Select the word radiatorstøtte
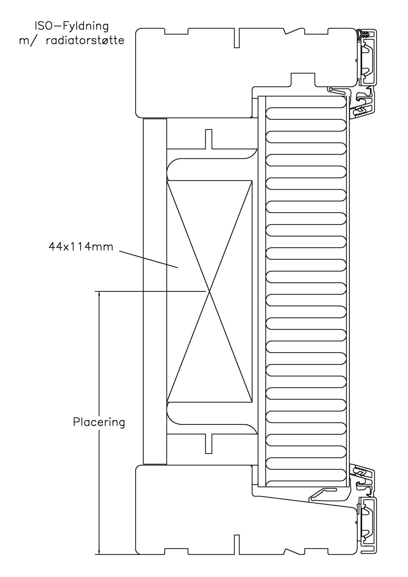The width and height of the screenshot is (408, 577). [x=85, y=40]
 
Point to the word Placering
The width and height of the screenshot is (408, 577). [x=99, y=422]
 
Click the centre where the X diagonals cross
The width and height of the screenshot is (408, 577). [x=209, y=291]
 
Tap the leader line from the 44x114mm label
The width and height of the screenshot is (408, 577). [x=149, y=259]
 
